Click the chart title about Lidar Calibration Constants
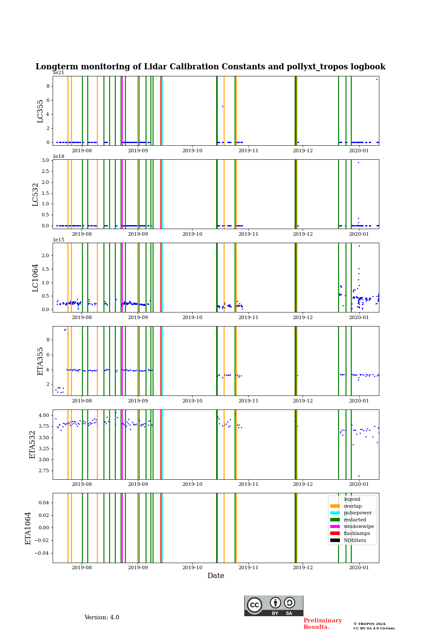(210, 67)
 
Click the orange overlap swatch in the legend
(335, 506)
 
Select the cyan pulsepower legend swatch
(335, 513)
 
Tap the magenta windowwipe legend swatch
(335, 527)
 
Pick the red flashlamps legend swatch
(335, 534)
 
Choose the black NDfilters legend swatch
(335, 540)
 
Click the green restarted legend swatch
(335, 520)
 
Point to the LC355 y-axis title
(40, 111)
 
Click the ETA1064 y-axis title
(28, 528)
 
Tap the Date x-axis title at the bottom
(216, 576)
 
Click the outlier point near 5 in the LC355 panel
(222, 106)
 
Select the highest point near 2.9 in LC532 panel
(358, 162)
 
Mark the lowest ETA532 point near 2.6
(359, 476)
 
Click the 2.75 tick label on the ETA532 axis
(43, 470)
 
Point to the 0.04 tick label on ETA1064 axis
(43, 503)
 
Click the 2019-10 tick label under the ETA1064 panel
(193, 567)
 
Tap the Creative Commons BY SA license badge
(274, 606)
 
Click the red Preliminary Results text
(322, 624)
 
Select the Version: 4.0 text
(102, 618)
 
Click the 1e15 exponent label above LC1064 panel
(59, 240)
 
